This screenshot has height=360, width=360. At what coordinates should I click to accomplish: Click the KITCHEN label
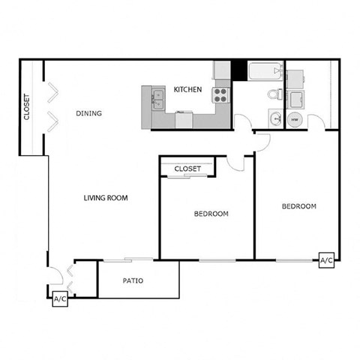click(187, 90)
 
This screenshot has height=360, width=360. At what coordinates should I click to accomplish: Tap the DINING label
click(89, 114)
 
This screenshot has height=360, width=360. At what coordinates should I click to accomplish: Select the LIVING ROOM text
click(105, 199)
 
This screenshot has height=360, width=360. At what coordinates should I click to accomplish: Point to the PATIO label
click(133, 281)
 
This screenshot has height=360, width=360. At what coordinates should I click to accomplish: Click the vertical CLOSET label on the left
click(27, 107)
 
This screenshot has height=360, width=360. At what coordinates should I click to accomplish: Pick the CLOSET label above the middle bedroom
click(187, 169)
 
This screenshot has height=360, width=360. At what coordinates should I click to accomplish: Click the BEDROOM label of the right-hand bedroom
click(298, 206)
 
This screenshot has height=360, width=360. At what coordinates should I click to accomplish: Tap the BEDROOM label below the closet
click(211, 214)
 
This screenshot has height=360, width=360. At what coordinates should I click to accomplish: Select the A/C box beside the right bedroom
click(326, 260)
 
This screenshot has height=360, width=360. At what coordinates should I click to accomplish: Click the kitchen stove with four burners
click(221, 95)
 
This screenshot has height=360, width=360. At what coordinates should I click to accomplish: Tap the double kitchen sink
click(158, 96)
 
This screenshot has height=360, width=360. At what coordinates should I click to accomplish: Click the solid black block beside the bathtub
click(238, 69)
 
